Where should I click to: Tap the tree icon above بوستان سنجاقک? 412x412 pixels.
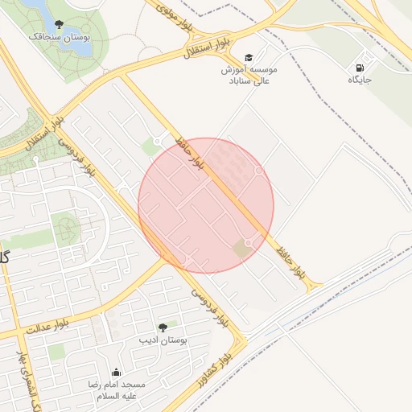(59, 23)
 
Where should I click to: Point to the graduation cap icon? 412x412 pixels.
(249, 57)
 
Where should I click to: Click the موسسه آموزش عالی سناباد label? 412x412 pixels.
(250, 75)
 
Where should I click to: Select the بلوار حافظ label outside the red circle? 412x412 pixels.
(290, 263)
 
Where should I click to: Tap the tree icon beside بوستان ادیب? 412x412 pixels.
(163, 328)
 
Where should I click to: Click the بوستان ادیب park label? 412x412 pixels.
(163, 341)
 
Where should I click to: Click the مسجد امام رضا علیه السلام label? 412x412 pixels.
(117, 391)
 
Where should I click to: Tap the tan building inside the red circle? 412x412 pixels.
(242, 249)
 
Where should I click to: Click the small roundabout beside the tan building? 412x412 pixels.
(249, 242)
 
